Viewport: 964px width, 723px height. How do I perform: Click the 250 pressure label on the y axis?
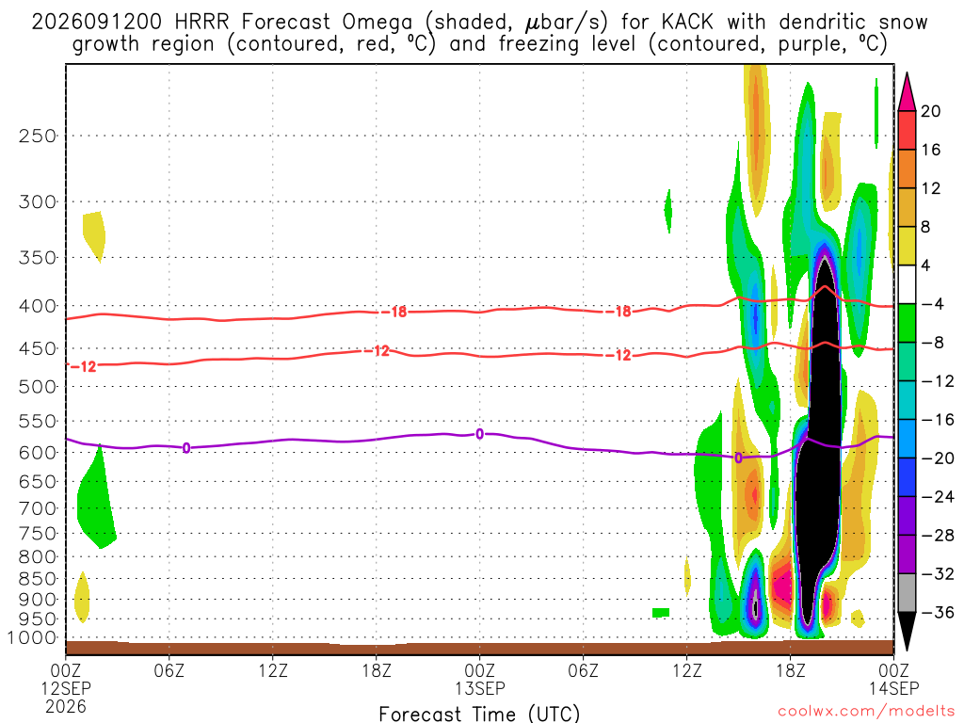[37, 136]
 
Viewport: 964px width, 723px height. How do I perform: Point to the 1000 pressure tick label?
[32, 638]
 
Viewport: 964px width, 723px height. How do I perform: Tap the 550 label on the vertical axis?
[37, 422]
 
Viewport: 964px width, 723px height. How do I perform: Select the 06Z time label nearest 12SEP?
[169, 669]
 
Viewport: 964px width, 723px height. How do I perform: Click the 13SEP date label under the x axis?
[479, 687]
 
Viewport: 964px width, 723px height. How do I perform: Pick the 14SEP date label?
[894, 687]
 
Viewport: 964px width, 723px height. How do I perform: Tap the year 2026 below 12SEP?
[66, 706]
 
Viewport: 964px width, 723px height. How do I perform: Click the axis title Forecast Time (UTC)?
[479, 714]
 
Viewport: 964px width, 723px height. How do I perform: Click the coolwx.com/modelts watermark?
[866, 712]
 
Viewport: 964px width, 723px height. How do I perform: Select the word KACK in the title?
[687, 23]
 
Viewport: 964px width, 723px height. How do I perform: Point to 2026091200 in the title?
[97, 23]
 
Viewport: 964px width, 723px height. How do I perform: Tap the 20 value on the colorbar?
[930, 111]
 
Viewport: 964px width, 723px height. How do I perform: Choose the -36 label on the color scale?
[938, 612]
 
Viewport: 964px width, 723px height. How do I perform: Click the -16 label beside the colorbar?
[938, 420]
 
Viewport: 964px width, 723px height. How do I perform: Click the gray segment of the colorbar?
[907, 593]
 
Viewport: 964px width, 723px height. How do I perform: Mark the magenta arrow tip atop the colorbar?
[907, 73]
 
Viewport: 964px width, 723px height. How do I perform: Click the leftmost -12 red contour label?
[84, 367]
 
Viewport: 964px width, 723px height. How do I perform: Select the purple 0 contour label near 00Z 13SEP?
[480, 435]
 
